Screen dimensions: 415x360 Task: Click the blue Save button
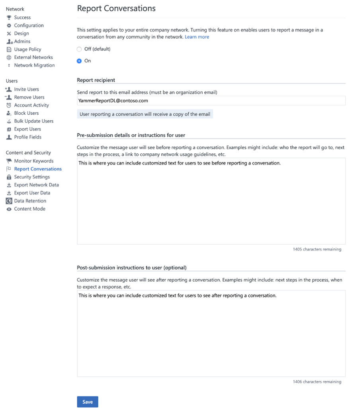point(87,402)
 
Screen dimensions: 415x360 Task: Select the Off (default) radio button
point(79,49)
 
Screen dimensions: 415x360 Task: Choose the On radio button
point(79,61)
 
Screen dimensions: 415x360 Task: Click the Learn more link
point(197,37)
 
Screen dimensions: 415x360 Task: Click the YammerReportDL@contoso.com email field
point(211,101)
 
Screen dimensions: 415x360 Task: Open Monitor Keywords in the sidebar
point(33,161)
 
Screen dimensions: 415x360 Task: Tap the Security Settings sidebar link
point(32,177)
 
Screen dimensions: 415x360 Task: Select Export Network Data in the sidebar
point(36,185)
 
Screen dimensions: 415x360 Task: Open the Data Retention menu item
point(30,201)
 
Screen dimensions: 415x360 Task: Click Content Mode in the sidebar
point(29,209)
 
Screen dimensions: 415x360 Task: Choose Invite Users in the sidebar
point(26,89)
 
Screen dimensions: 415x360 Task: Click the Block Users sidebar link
point(26,113)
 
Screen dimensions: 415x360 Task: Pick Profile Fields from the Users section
point(27,137)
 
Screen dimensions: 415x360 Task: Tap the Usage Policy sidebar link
point(27,49)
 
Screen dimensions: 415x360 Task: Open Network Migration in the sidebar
point(34,65)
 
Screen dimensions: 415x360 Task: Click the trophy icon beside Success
point(9,18)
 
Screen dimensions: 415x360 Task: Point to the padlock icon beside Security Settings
point(9,177)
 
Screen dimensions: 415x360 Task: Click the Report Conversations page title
point(116,8)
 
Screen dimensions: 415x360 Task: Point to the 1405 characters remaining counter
point(317,249)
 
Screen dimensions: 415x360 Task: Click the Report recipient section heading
point(96,80)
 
